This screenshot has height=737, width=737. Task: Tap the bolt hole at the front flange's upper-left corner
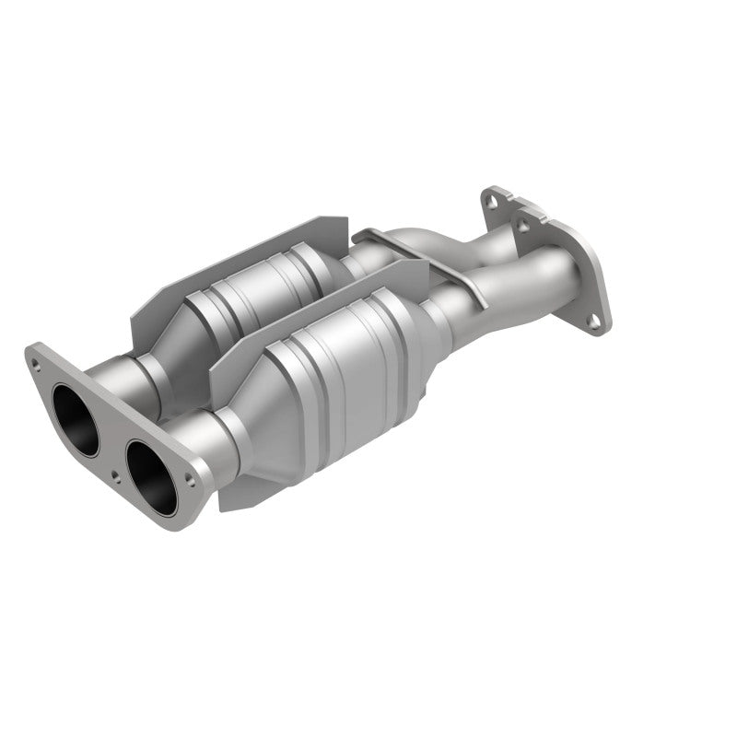(x=38, y=363)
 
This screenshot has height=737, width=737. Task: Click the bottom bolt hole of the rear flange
(x=598, y=320)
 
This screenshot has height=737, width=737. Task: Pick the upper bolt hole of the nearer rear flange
(x=524, y=225)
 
